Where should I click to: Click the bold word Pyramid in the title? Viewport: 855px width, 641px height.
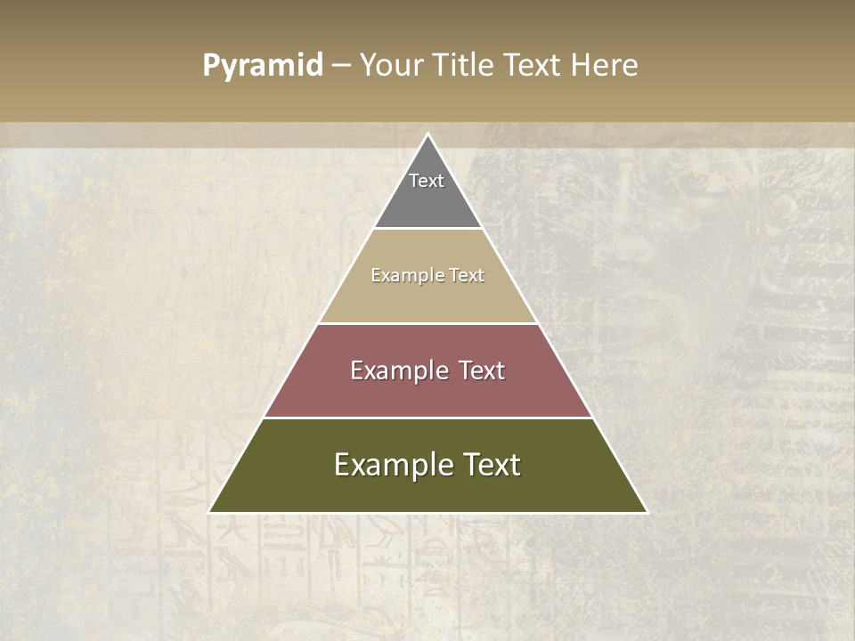coord(263,66)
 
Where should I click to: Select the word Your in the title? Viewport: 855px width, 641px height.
coord(389,66)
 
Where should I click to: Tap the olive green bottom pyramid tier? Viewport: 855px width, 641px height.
coord(427,490)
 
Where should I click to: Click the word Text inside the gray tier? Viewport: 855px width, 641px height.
coord(427,181)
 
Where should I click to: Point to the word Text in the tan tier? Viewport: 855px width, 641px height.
coord(467,275)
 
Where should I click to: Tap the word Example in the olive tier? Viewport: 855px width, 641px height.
coord(385,465)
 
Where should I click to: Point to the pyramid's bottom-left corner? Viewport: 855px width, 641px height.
coord(210,512)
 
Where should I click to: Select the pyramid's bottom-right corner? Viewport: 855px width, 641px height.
coord(647,512)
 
